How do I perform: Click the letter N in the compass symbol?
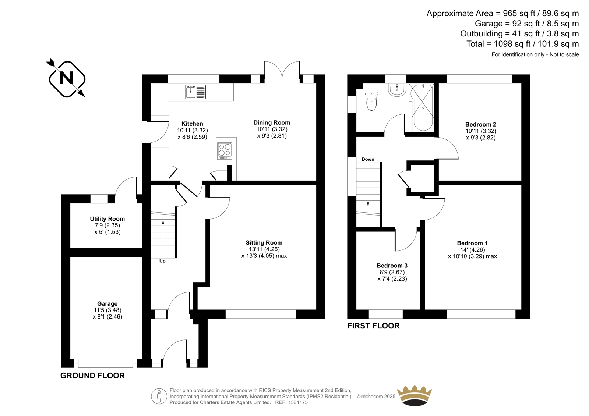point(67,78)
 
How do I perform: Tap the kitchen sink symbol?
point(195,92)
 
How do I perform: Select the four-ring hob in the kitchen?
point(225,151)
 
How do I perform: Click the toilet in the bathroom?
point(371,101)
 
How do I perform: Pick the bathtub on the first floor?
point(423,107)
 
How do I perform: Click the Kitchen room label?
point(192,124)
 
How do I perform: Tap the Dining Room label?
point(272,122)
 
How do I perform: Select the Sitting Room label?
point(264,242)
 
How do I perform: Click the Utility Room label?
point(107,218)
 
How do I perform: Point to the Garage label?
point(107,304)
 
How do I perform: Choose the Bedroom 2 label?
point(481,124)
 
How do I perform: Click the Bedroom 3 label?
point(392,266)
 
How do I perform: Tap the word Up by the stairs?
point(162,261)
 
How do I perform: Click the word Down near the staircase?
point(368,159)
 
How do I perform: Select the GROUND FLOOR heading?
point(92,376)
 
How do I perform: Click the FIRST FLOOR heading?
point(373,326)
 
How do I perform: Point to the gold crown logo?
point(415,396)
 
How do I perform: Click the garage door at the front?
point(105,363)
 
